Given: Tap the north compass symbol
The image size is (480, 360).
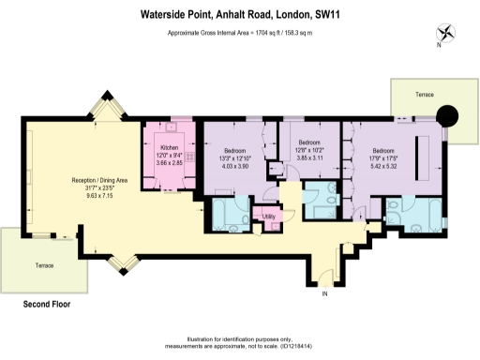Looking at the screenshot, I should coord(445,33).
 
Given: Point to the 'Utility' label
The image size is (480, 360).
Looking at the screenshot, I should coord(269,217).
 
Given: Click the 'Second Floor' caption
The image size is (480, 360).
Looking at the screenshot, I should coord(47,304).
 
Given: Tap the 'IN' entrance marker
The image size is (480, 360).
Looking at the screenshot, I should coord(325,295).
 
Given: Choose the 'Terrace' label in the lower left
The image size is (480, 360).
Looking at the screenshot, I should coord(34,267).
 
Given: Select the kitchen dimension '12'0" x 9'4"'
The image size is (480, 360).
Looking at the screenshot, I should coord(170,157).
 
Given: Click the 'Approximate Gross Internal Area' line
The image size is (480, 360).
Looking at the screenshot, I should coord(239,33).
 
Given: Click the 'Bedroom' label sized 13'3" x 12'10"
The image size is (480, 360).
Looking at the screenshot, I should coord(234,151).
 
